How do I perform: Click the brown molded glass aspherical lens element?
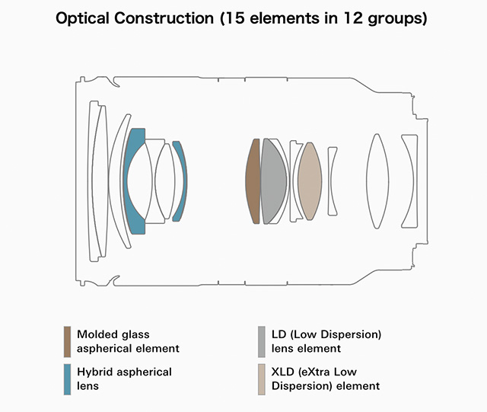253,181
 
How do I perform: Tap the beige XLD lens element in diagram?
309,181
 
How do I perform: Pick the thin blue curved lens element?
180,181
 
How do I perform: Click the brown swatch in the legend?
68,341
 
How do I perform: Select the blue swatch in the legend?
68,378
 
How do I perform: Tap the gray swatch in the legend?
261,341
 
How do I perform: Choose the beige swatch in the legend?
261,378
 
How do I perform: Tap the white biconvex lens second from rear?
377,181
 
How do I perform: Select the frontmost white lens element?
96,181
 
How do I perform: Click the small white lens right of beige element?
333,181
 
